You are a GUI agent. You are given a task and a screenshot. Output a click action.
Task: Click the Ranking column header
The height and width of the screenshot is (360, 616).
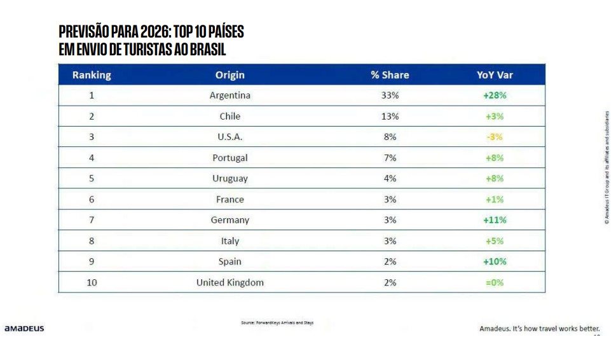[92, 75]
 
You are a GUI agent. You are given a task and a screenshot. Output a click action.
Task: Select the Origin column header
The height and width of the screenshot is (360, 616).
[229, 75]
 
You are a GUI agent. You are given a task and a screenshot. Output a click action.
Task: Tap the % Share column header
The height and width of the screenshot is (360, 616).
[390, 75]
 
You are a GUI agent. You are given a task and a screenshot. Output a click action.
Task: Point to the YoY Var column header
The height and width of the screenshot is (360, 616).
[495, 75]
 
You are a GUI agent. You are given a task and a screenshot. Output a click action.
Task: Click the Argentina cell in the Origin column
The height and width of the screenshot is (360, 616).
[229, 95]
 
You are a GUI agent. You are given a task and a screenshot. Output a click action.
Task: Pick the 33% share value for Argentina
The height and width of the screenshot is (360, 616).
[390, 95]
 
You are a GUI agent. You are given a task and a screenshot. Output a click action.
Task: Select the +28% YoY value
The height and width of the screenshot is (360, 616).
[494, 95]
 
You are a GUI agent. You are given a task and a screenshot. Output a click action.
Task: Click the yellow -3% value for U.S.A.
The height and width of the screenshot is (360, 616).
[494, 137]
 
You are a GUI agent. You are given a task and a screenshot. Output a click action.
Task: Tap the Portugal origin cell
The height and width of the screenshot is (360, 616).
[229, 158]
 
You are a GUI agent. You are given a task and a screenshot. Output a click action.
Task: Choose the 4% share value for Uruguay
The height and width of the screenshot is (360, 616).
[390, 179]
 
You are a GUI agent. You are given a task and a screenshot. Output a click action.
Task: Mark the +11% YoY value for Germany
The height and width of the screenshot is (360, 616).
[494, 220]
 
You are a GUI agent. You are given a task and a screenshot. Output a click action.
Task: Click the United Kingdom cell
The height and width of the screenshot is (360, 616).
[229, 282]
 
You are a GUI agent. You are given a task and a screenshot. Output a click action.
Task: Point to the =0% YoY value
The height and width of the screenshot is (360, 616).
[494, 282]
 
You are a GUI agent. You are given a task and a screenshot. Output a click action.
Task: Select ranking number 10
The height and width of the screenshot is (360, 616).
[92, 282]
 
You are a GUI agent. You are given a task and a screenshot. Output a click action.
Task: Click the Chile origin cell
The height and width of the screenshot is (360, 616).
[229, 116]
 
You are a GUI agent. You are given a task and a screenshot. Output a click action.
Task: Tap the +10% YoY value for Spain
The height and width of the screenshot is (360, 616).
[494, 261]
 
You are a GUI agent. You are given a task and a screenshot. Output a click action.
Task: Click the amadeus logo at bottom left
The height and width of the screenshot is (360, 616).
[24, 329]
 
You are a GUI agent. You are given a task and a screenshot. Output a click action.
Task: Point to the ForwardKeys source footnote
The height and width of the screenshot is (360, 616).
[277, 322]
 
